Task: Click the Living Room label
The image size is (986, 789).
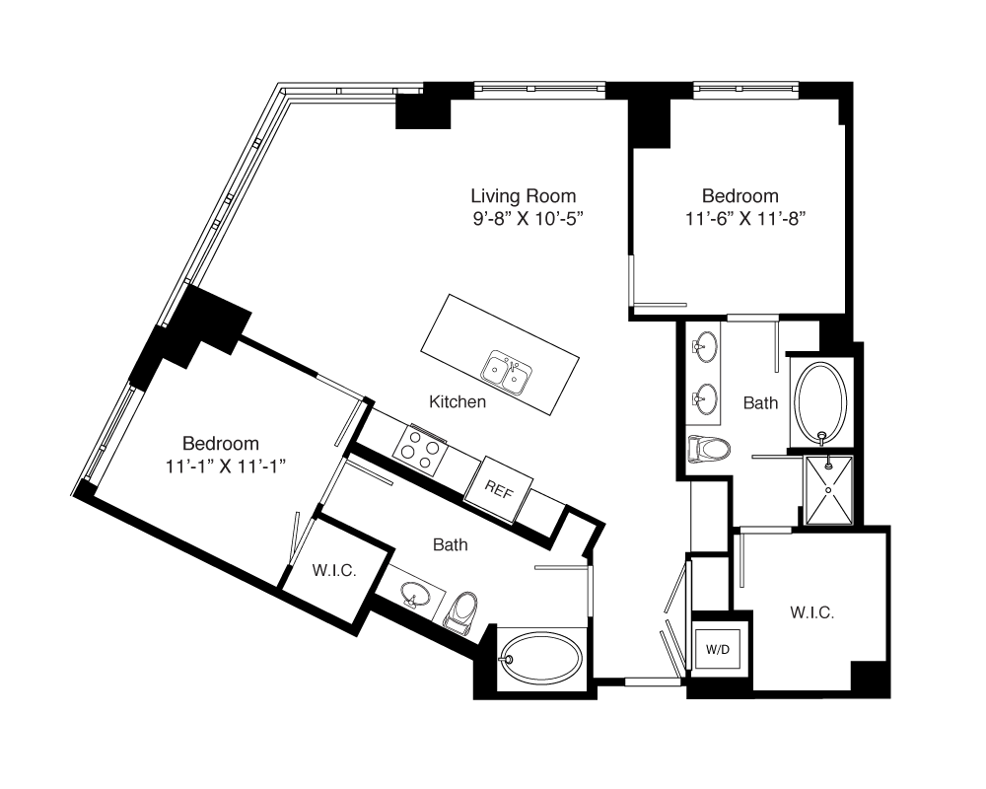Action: click(x=524, y=195)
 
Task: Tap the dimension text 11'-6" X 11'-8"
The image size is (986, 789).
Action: click(x=745, y=218)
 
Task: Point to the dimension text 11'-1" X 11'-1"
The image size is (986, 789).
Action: click(x=227, y=466)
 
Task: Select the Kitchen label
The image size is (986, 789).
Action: click(x=458, y=401)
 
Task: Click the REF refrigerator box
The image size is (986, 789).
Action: click(x=499, y=489)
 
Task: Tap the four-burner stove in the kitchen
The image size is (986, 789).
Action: click(x=420, y=450)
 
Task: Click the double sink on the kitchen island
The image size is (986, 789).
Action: click(x=507, y=373)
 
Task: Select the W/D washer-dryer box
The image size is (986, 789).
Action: click(x=718, y=649)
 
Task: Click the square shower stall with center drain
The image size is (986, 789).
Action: click(x=829, y=489)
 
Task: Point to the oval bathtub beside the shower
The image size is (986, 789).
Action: click(x=820, y=402)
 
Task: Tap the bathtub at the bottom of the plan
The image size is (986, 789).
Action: click(x=542, y=658)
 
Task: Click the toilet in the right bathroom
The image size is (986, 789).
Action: click(x=709, y=450)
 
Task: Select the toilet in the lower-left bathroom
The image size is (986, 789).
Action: click(x=462, y=610)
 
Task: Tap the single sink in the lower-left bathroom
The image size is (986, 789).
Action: click(x=415, y=595)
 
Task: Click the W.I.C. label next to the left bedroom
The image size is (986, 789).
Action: click(x=334, y=571)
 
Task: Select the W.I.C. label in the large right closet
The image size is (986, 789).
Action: click(x=812, y=612)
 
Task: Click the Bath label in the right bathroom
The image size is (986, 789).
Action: click(x=760, y=402)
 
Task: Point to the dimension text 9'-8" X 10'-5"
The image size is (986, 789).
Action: click(x=528, y=218)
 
